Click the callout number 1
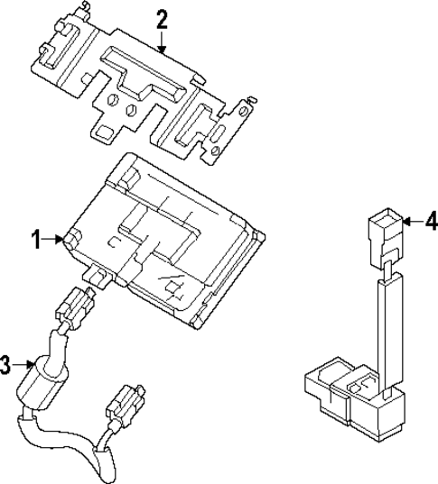[37, 239]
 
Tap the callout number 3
[7, 365]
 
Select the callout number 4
[431, 220]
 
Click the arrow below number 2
[162, 43]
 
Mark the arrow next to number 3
[23, 365]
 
